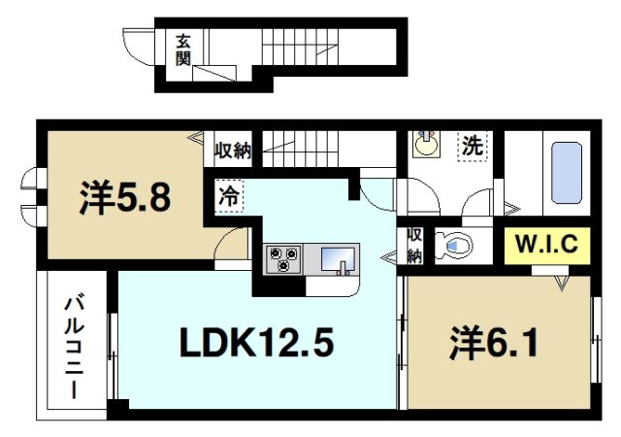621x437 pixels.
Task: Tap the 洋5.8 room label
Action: pyautogui.click(x=125, y=198)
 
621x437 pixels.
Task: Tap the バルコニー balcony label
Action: pyautogui.click(x=73, y=347)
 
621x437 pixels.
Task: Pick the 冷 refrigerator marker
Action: pyautogui.click(x=228, y=194)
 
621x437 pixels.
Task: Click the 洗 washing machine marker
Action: pyautogui.click(x=472, y=147)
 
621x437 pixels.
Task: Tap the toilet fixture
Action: pyautogui.click(x=452, y=245)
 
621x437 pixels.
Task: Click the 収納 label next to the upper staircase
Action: pyautogui.click(x=233, y=150)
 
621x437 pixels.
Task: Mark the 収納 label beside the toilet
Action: pyautogui.click(x=414, y=246)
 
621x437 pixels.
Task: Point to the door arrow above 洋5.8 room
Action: pyautogui.click(x=194, y=138)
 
